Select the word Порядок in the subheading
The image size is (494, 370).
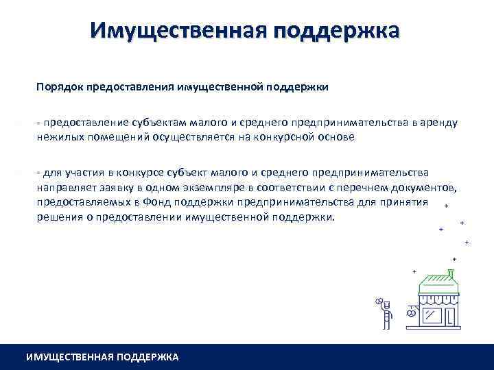(x=62, y=87)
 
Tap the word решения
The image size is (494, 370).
(x=59, y=218)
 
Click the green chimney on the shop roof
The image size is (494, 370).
(x=450, y=274)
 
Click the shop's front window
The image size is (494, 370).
(x=432, y=314)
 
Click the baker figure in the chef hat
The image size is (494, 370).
(x=386, y=312)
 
